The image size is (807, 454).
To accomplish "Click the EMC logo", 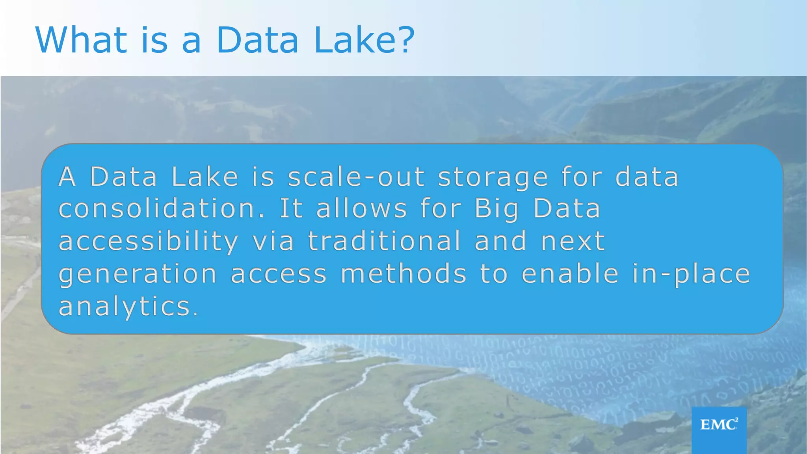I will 719,425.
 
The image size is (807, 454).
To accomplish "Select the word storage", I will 493,177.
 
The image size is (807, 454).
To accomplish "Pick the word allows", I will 362,208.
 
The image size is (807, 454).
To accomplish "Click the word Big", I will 497,209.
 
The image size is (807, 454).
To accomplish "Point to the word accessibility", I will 149,242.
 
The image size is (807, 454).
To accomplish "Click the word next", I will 573,242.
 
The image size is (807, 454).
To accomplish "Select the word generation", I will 138,274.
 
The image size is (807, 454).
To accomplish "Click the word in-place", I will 691,274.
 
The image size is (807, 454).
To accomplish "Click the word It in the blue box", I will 291,208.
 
